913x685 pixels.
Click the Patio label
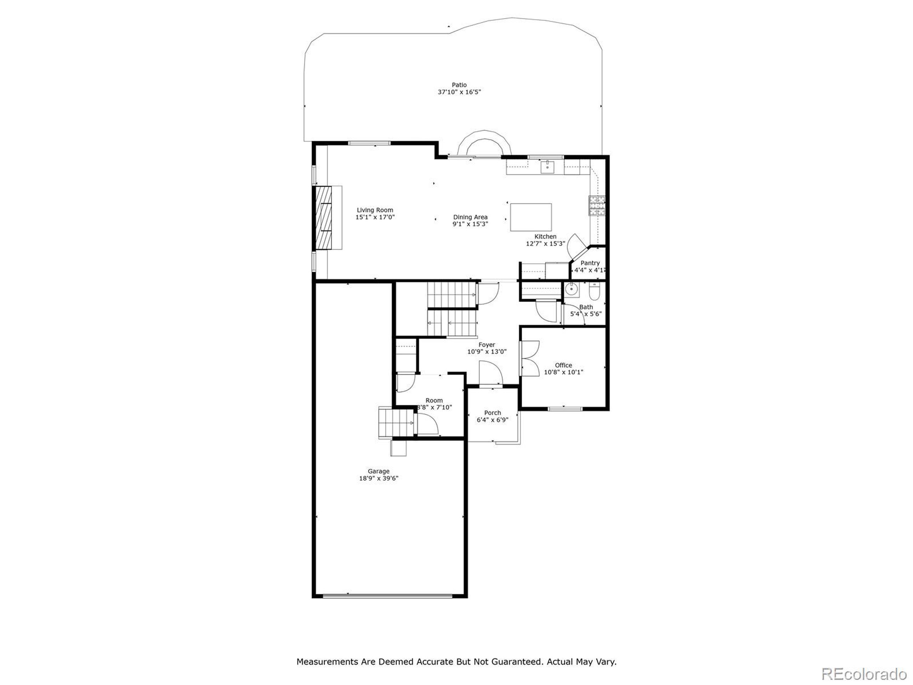[x=459, y=85]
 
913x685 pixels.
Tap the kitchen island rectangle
[x=531, y=217]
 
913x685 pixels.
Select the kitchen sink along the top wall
[x=547, y=167]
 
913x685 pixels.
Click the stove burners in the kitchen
[x=597, y=205]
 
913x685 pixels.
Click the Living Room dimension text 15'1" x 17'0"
[x=375, y=217]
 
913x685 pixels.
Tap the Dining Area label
[x=470, y=217]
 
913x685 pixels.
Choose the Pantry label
[x=590, y=263]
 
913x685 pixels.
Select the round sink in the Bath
[x=571, y=289]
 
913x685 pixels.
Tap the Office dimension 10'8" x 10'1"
[x=563, y=372]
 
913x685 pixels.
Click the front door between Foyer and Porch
[x=491, y=373]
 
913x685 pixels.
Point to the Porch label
[x=493, y=412]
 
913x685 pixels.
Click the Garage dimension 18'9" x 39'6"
[x=378, y=478]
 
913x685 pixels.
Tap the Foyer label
[x=486, y=345]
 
